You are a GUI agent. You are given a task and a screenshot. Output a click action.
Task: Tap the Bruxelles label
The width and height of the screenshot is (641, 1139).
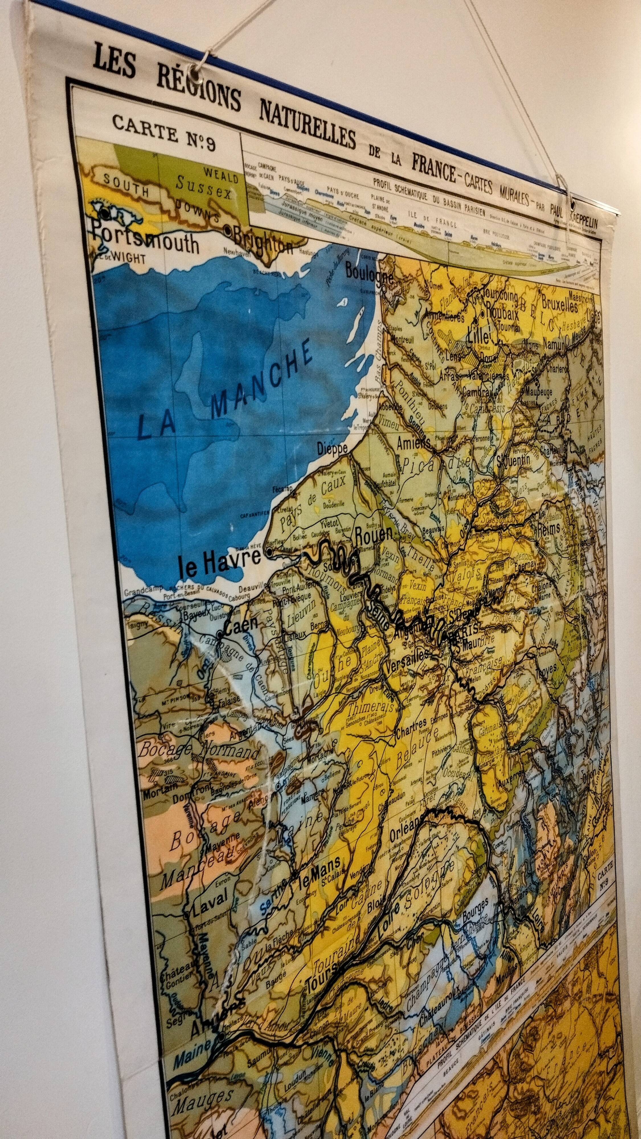[559, 305]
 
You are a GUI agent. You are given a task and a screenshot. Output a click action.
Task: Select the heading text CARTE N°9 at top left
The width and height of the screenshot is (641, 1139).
[163, 131]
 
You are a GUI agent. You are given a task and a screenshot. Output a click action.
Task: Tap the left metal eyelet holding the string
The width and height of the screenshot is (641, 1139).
[194, 70]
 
